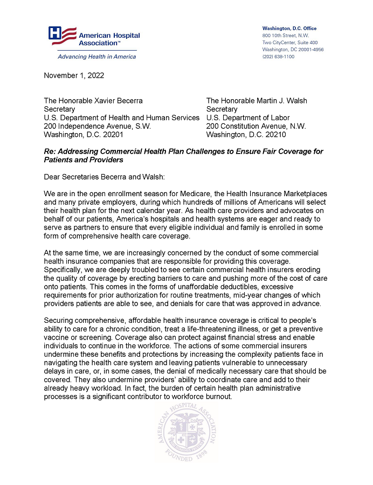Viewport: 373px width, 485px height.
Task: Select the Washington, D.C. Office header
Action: pyautogui.click(x=289, y=28)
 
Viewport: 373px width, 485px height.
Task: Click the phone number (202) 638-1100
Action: pyautogui.click(x=278, y=56)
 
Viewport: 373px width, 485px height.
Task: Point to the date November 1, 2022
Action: pyautogui.click(x=74, y=75)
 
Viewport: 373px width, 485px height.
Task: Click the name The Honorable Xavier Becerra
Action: pyautogui.click(x=93, y=101)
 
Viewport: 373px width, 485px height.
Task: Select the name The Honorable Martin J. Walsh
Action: pyautogui.click(x=257, y=101)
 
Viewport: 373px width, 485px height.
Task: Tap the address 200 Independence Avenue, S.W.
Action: pyautogui.click(x=97, y=126)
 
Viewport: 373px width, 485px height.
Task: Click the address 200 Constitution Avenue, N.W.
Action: pyautogui.click(x=256, y=126)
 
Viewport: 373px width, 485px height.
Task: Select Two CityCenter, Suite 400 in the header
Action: pyautogui.click(x=289, y=42)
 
